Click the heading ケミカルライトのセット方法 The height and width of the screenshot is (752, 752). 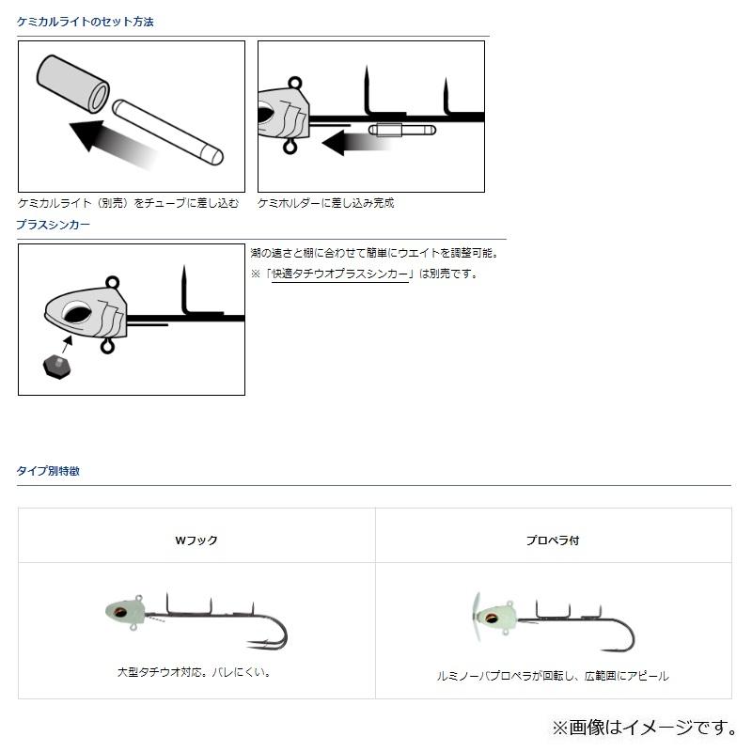coord(86,22)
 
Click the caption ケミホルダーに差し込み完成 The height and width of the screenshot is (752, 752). coord(325,202)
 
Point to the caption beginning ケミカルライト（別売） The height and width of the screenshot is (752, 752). coord(128,202)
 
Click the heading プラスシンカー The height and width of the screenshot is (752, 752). coord(53,225)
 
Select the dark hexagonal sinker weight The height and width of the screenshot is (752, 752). coord(58,367)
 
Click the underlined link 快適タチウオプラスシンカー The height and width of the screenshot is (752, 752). coord(340,274)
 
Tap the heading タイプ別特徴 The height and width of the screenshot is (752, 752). coord(48,471)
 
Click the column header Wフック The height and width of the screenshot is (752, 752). coord(196,540)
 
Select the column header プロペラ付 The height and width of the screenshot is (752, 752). coord(553,540)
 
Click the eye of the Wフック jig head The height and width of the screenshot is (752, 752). coord(120,612)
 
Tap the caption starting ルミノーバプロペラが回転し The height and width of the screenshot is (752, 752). coord(553,676)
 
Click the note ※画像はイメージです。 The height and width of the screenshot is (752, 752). coord(643,727)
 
